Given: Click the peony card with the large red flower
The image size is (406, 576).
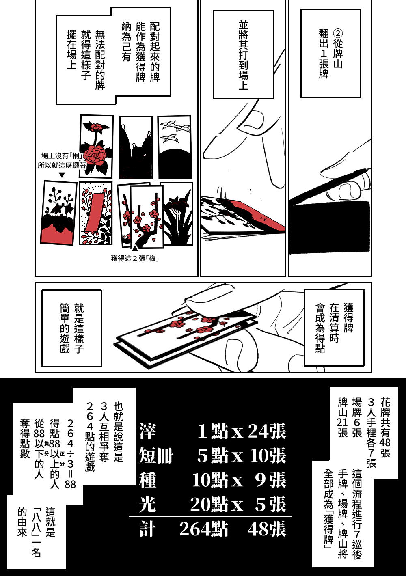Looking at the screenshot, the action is tap(96, 146).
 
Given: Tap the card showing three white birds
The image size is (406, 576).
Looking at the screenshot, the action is tap(175, 147).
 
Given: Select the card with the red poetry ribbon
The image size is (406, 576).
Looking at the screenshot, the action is tap(96, 213).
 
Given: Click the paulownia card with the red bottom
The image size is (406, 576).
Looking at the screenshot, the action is tap(58, 213).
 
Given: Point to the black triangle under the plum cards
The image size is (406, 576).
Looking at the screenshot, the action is tap(135, 249).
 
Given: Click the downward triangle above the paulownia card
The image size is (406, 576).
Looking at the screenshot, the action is tap(62, 175).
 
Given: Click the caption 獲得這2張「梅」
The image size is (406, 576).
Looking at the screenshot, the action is tap(135, 258).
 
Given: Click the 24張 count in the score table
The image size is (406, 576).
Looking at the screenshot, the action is tap(267, 431).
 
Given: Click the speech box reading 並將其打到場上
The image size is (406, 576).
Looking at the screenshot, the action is tap(243, 54).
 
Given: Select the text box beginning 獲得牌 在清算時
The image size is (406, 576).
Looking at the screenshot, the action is tap(334, 328).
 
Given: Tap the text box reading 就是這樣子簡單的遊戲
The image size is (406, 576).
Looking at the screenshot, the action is tap(72, 328).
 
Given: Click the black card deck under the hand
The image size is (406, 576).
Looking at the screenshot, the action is tap(329, 226).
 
